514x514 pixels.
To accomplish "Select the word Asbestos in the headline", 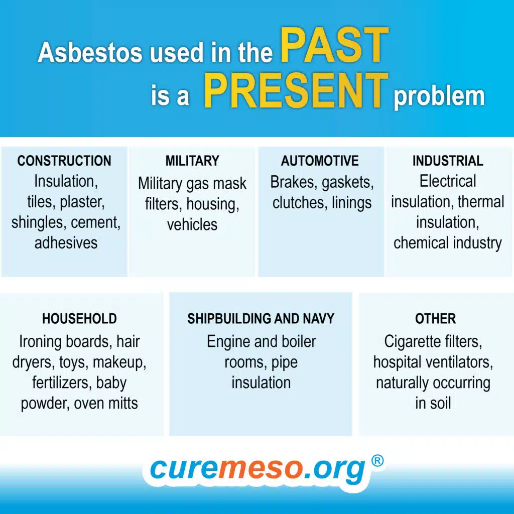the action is tap(90, 52).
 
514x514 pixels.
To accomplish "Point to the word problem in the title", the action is tap(439, 97).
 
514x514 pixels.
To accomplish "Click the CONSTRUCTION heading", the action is tap(64, 161).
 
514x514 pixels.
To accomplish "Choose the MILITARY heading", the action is tap(192, 161).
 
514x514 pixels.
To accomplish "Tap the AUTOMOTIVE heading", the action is tap(320, 161).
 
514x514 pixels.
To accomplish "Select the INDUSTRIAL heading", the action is tap(448, 161).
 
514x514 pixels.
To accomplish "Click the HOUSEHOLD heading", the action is tap(79, 319).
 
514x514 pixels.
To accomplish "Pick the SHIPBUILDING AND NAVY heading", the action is tap(261, 319).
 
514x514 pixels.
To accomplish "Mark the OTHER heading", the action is tap(435, 319).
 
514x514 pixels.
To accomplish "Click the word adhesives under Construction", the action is tap(66, 243).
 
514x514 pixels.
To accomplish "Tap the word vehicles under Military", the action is tap(192, 224).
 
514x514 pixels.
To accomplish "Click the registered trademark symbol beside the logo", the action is tap(377, 461).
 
